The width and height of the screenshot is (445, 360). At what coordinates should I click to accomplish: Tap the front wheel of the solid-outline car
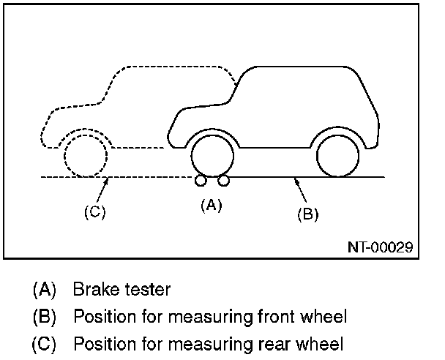[x=212, y=156]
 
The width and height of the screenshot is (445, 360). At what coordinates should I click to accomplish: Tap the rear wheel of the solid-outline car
[x=337, y=156]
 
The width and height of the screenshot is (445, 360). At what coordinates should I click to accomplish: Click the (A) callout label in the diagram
[x=211, y=206]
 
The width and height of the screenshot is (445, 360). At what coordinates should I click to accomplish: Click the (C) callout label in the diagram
[x=94, y=212]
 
